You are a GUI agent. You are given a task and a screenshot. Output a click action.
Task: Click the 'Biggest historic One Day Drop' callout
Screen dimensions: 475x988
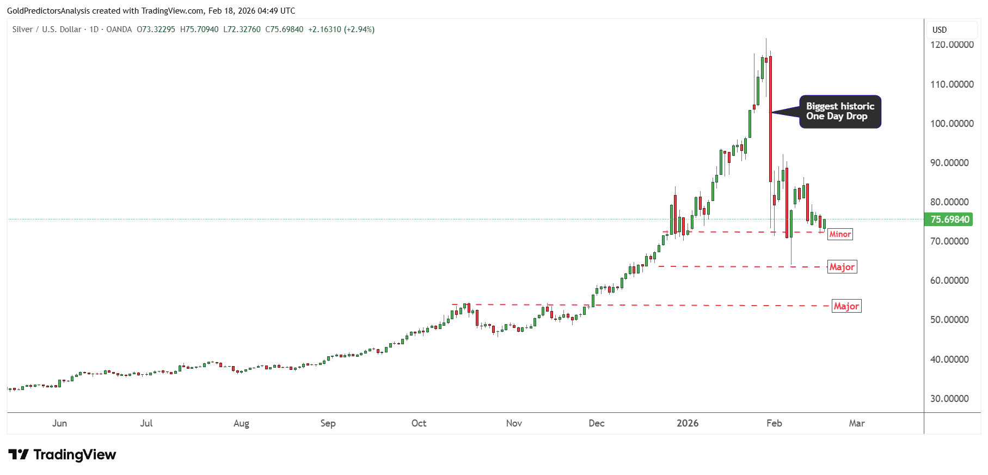[840, 112]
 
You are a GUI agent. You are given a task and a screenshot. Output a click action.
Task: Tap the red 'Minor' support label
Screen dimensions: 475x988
[840, 234]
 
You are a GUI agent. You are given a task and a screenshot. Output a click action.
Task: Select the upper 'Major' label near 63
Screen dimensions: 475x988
[842, 267]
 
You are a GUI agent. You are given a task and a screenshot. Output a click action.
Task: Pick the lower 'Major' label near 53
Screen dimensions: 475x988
[846, 306]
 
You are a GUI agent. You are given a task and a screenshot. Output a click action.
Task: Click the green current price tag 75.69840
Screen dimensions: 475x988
[950, 220]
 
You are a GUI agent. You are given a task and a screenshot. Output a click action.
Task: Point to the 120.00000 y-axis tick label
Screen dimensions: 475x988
[952, 45]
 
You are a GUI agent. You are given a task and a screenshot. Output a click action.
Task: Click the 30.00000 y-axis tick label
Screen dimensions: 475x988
[949, 399]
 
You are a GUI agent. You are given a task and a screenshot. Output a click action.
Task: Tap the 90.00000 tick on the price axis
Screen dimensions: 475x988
[949, 163]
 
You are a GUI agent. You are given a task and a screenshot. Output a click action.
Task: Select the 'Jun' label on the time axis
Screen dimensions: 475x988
[59, 423]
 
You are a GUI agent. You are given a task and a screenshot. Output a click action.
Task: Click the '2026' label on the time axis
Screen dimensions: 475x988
[688, 423]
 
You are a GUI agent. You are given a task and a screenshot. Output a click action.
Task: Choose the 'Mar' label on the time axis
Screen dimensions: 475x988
[857, 423]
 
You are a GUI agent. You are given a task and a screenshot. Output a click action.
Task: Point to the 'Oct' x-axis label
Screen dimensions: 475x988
[419, 423]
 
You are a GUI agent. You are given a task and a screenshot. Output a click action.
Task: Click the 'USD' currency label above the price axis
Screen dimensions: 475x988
[940, 30]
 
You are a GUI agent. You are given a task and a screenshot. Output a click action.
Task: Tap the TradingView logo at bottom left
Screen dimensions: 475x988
[62, 455]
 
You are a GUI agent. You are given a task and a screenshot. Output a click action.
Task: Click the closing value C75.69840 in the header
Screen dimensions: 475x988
[284, 29]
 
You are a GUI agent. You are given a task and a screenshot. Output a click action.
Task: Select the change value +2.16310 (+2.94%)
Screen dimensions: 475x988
[341, 29]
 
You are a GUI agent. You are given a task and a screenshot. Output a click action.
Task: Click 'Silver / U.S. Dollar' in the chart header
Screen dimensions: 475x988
[47, 29]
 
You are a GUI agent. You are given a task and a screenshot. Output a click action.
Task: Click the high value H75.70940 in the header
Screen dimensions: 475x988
[199, 29]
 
